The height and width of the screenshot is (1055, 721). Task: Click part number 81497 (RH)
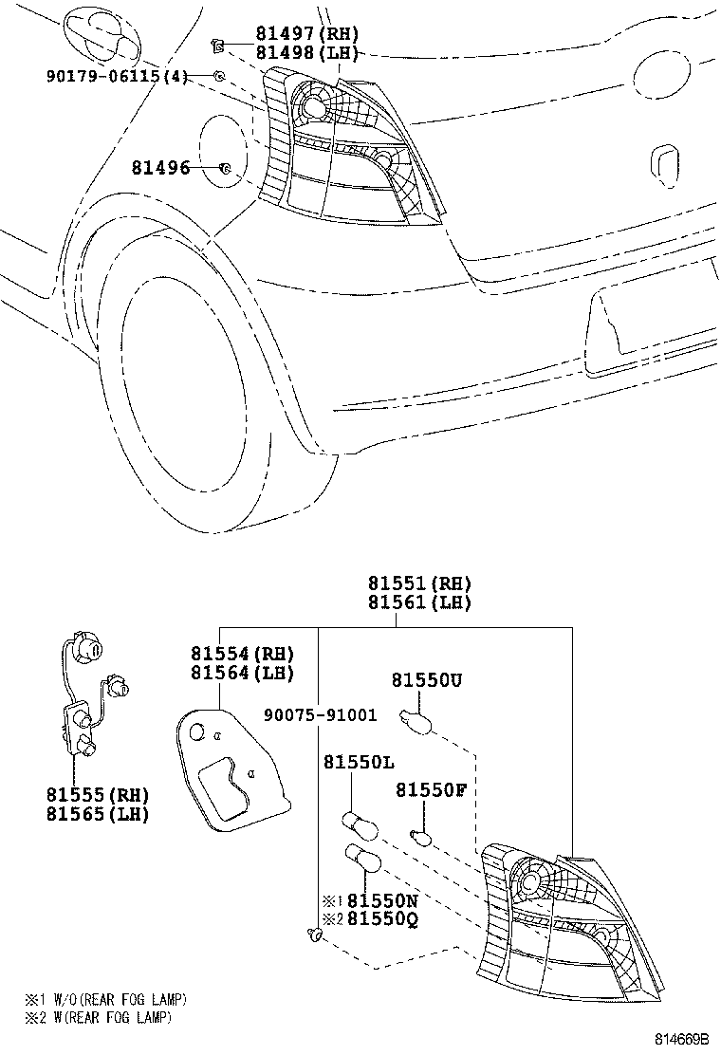(306, 33)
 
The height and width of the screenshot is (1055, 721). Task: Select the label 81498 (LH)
(306, 52)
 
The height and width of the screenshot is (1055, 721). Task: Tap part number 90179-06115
(103, 76)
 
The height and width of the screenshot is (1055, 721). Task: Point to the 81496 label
(160, 167)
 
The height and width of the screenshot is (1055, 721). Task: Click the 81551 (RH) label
(419, 583)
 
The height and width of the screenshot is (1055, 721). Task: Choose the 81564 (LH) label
(242, 672)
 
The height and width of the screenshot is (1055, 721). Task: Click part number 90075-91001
(320, 714)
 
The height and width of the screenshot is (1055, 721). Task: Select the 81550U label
(427, 680)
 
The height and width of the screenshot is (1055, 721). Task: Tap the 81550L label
(359, 763)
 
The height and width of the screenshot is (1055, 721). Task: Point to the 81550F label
(431, 790)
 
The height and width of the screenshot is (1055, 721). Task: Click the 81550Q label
(382, 919)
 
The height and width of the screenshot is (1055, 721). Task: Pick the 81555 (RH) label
(98, 795)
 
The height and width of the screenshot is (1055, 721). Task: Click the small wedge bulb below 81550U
(415, 720)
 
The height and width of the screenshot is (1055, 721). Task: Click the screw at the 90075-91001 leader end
(313, 933)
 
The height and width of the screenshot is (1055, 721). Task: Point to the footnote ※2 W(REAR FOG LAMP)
(99, 1017)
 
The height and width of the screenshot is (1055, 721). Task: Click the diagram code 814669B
(683, 1039)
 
